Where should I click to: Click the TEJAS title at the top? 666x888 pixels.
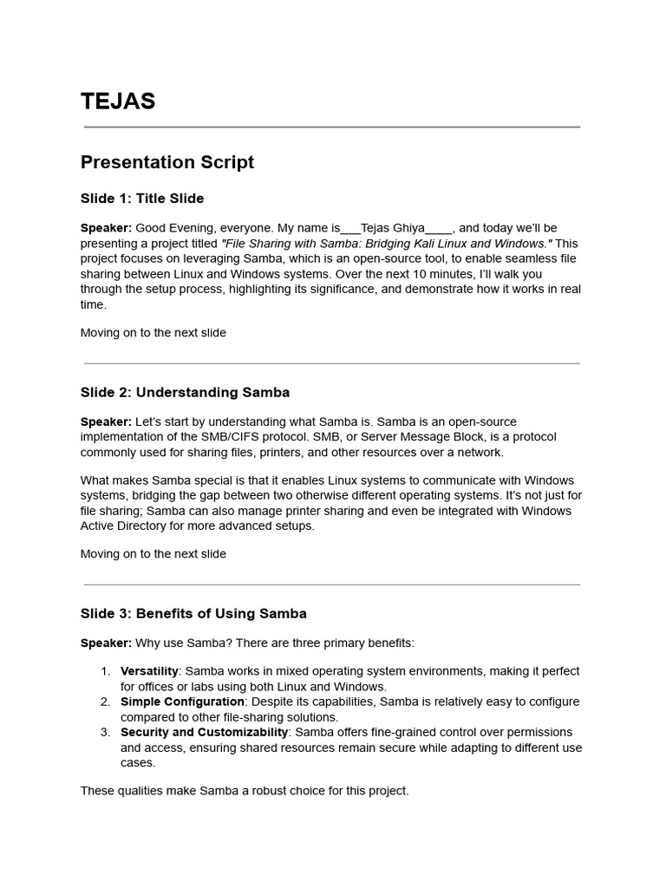(x=118, y=101)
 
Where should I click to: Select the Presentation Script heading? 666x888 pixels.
(x=167, y=162)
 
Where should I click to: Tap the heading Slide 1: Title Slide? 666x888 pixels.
(x=142, y=199)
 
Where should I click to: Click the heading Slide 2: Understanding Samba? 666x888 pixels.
(x=185, y=392)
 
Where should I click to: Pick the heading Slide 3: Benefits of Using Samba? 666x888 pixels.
(x=193, y=613)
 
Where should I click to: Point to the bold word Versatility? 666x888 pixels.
(x=149, y=671)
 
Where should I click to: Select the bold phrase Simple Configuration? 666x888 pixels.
(x=182, y=702)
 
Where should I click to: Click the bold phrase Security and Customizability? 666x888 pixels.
(x=204, y=732)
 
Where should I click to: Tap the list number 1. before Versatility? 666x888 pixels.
(x=105, y=671)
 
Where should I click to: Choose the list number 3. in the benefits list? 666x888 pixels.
(x=105, y=732)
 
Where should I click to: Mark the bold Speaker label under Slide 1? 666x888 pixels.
(x=106, y=228)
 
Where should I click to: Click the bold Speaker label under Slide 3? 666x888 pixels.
(x=106, y=643)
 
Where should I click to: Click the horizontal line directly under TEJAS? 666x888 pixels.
(x=332, y=127)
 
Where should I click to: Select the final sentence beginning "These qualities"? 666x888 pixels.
(x=245, y=791)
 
